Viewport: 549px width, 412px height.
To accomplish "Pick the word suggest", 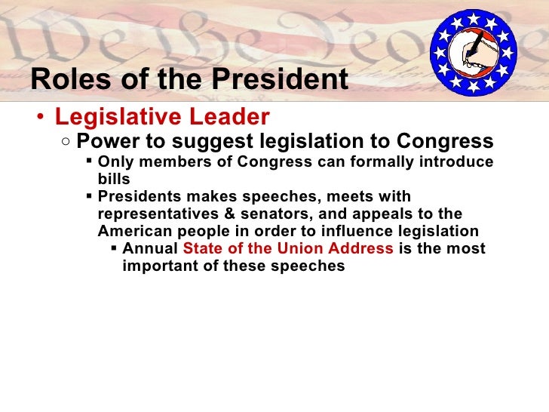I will pyautogui.click(x=216, y=142).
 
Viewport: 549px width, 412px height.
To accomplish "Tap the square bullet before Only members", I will pyautogui.click(x=89, y=161).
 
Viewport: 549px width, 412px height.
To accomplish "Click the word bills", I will pyautogui.click(x=114, y=180).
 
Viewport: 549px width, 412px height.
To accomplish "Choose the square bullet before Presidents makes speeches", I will pyautogui.click(x=89, y=196).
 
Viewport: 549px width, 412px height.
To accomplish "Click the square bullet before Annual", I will pyautogui.click(x=113, y=248).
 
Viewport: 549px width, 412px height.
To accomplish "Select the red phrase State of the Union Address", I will pyautogui.click(x=288, y=248).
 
